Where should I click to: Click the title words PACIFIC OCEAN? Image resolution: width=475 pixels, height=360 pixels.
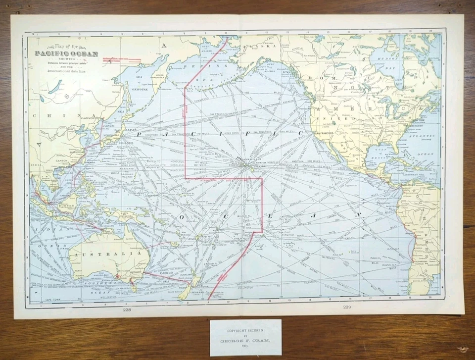66,54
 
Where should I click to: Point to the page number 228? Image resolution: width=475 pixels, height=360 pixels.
128,310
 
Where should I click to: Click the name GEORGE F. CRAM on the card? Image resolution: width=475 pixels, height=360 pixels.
245,341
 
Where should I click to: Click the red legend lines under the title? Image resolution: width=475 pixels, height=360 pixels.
121,60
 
